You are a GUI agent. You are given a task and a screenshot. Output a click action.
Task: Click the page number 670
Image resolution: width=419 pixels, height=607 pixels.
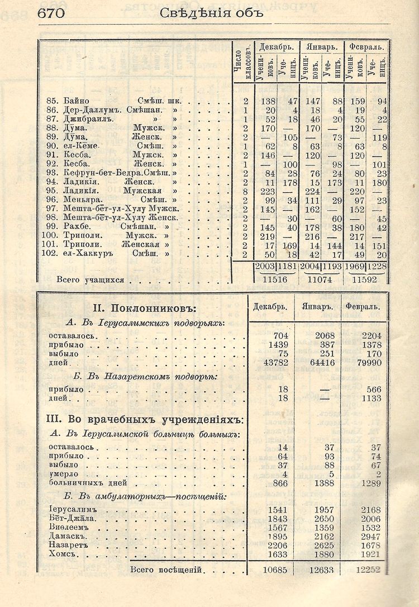(51, 13)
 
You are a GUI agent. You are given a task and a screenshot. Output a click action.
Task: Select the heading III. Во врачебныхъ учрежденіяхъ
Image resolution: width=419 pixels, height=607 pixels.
(146, 419)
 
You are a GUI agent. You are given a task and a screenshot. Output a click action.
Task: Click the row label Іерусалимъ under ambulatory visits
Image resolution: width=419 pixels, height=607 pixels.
(73, 510)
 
